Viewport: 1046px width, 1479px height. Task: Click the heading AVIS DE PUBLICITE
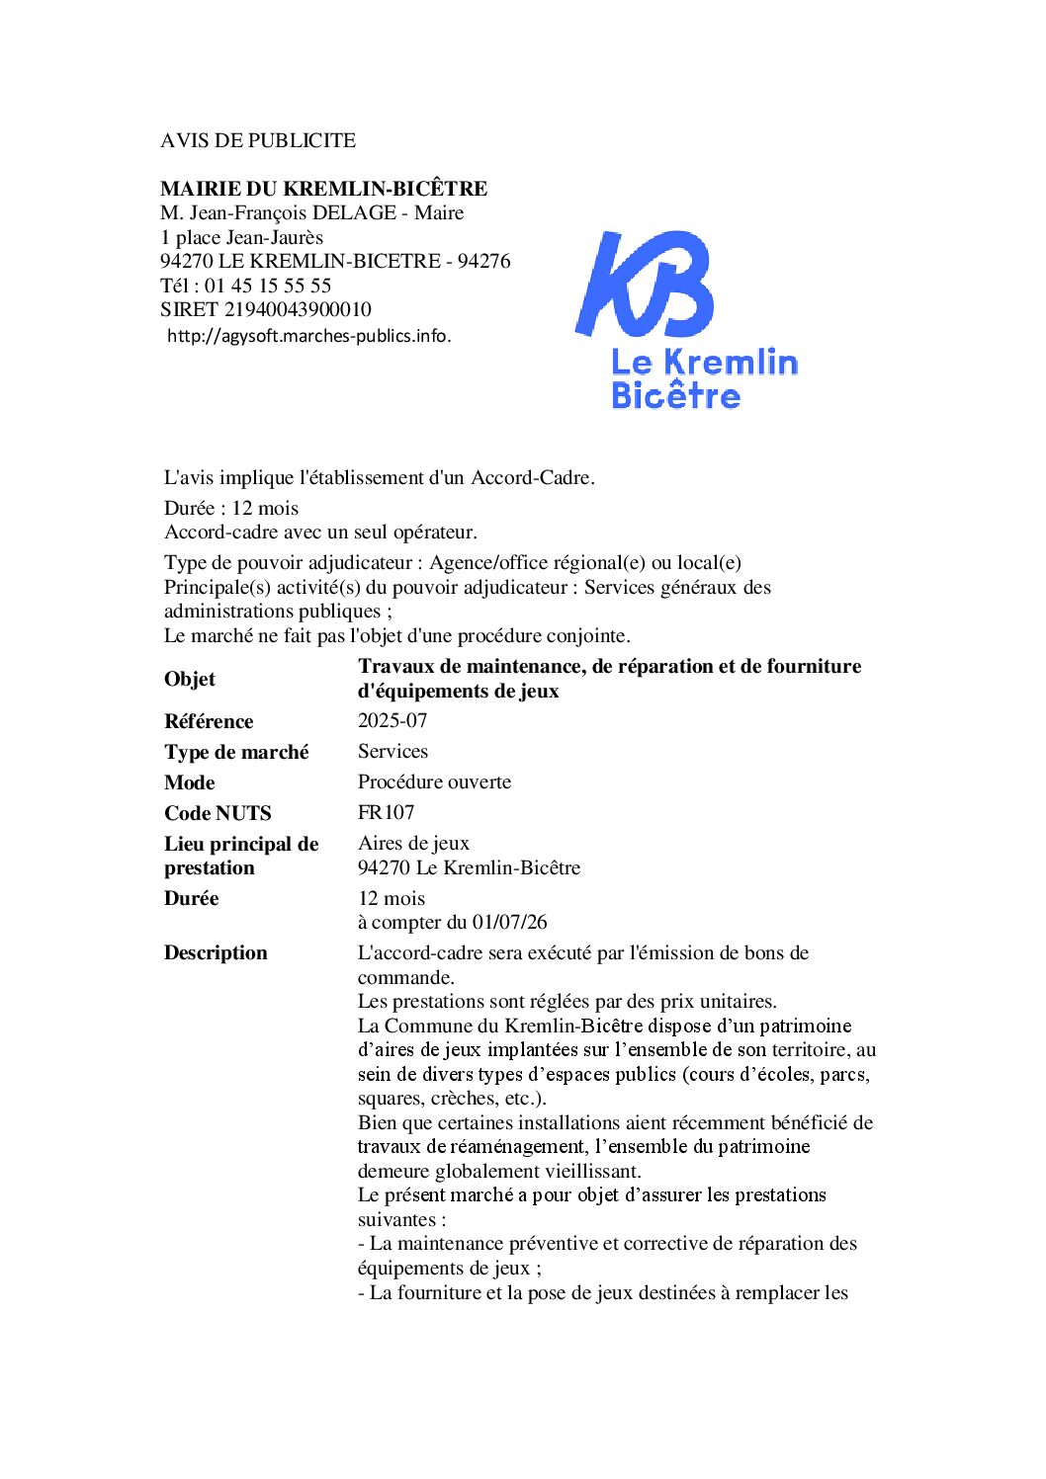click(x=258, y=140)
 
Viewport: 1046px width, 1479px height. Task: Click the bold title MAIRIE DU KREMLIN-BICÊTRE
click(x=323, y=189)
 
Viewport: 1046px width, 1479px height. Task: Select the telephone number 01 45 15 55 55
click(x=268, y=286)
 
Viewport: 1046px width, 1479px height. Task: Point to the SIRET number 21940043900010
click(x=298, y=309)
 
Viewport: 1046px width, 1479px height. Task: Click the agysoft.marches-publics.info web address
click(x=308, y=336)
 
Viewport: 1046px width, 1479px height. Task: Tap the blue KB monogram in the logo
click(x=644, y=285)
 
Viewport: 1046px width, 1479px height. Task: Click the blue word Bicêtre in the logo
click(x=675, y=396)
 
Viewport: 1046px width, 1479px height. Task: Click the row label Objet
click(x=190, y=679)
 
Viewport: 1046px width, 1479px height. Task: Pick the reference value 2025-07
click(x=392, y=720)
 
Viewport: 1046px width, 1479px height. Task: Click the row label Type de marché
click(x=236, y=752)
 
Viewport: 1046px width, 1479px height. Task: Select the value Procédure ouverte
click(x=434, y=781)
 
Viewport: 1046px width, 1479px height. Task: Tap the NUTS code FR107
click(x=386, y=812)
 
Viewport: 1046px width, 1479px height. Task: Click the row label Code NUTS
click(x=218, y=813)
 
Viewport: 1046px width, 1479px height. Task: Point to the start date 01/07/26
click(x=509, y=922)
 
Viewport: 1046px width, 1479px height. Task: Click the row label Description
click(x=216, y=952)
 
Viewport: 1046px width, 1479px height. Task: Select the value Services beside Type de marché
click(x=392, y=751)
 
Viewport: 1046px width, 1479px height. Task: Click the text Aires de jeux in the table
click(x=413, y=843)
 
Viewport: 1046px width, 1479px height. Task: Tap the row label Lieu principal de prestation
click(x=241, y=856)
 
